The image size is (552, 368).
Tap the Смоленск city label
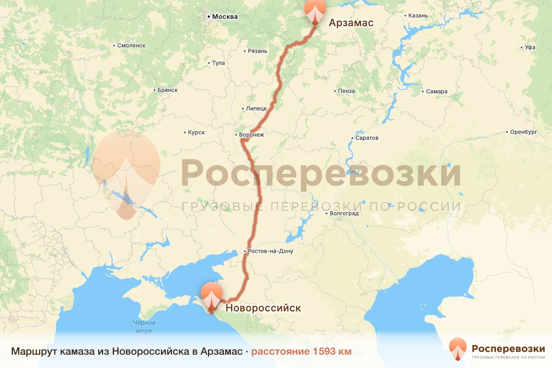tap(131, 46)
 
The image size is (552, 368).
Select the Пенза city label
tap(346, 91)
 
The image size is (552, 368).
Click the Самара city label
tap(436, 92)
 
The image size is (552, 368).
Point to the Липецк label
tap(256, 109)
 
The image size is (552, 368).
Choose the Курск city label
tap(196, 132)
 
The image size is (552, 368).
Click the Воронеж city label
tap(251, 135)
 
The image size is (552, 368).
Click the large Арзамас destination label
tap(351, 23)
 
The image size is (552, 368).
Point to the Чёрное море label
tap(144, 327)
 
